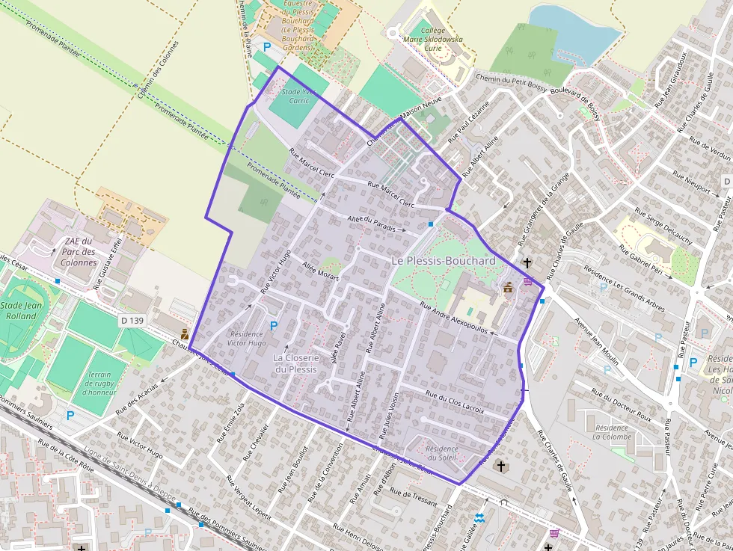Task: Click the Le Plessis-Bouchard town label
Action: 444,260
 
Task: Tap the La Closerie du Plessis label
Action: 296,363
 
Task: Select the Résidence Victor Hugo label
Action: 246,339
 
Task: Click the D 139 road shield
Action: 131,321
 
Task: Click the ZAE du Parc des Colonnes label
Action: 79,252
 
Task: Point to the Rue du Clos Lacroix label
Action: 454,401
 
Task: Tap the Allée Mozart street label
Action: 320,271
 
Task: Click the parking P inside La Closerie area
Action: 274,326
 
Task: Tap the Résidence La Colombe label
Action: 612,431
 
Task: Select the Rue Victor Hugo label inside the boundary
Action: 275,269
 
